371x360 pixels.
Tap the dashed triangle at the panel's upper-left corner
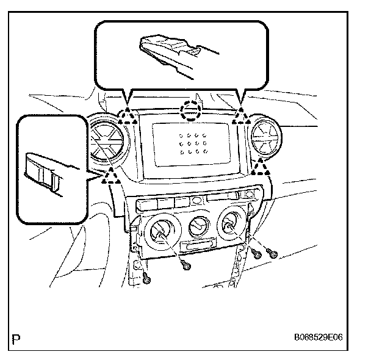pyautogui.click(x=127, y=116)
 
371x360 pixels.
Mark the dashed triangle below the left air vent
pyautogui.click(x=110, y=177)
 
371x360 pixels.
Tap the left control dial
pyautogui.click(x=164, y=231)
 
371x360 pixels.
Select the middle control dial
pyautogui.click(x=197, y=228)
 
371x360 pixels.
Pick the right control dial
pyautogui.click(x=231, y=227)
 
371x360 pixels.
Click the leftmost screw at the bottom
pyautogui.click(x=147, y=279)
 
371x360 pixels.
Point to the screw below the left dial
pyautogui.click(x=185, y=264)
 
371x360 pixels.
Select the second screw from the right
pyautogui.click(x=256, y=254)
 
